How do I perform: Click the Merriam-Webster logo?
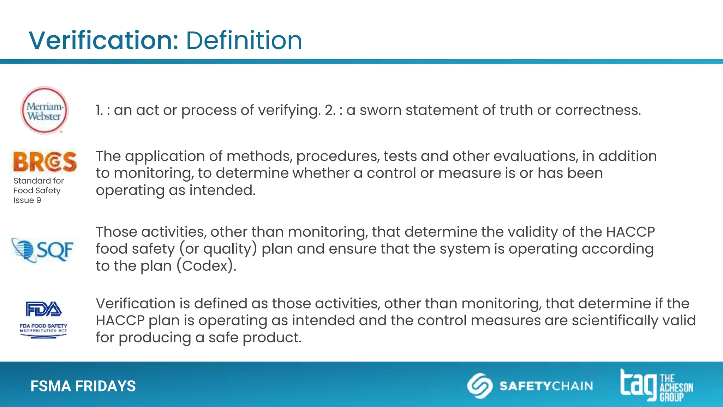44,111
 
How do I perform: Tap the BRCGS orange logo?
45,162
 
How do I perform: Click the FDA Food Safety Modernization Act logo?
43,319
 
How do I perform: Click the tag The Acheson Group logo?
656,385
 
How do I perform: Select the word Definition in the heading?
244,40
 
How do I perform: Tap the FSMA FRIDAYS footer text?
83,386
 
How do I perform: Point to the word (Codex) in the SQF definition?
206,266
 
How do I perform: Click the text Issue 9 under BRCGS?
27,200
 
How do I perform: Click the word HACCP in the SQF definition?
631,232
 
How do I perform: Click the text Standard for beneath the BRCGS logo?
38,181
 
